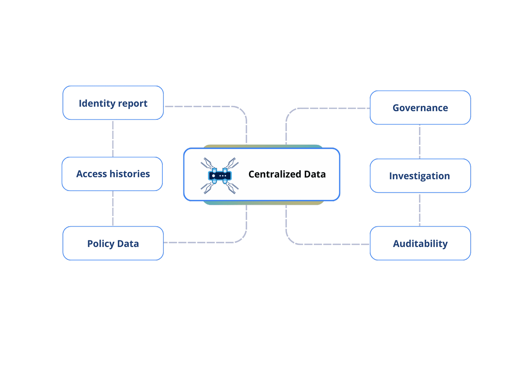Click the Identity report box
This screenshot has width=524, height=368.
[113, 103]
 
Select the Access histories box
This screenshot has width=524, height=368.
[112, 174]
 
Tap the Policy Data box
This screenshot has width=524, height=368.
[113, 243]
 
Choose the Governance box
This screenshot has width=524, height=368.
[420, 108]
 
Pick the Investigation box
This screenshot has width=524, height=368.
[420, 176]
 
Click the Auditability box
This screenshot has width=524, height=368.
[420, 243]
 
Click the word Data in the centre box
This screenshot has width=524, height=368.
[315, 174]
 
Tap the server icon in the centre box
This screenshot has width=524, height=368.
[220, 176]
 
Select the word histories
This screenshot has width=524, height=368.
[129, 174]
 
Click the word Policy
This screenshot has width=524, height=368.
[101, 243]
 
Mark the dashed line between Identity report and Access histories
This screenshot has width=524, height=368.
[113, 138]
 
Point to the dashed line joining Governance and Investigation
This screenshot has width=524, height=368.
[420, 141]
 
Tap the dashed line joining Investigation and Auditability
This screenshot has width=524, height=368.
[420, 210]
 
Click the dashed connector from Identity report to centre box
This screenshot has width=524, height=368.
[205, 106]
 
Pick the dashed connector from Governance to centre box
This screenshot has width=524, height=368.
[330, 108]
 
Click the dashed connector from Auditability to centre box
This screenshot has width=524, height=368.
[330, 244]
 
